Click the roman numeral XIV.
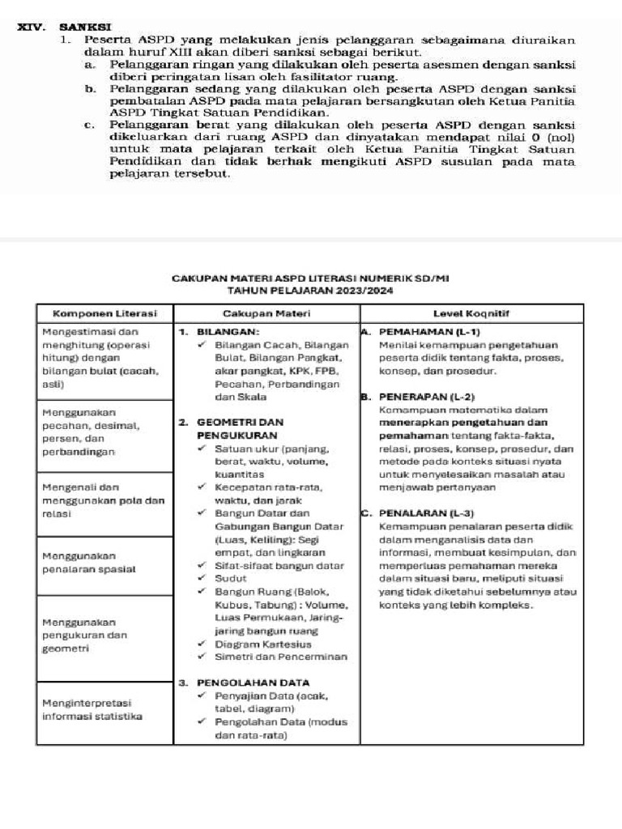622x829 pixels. pyautogui.click(x=32, y=27)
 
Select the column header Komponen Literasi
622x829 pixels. pyautogui.click(x=104, y=312)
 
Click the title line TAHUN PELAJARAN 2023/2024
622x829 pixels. pyautogui.click(x=310, y=290)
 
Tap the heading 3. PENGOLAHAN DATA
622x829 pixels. pyautogui.click(x=244, y=682)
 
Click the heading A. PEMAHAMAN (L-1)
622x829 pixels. pyautogui.click(x=420, y=332)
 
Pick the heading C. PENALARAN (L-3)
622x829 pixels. pyautogui.click(x=417, y=513)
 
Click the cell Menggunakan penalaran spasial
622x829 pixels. pyautogui.click(x=88, y=563)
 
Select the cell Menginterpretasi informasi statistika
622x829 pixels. pyautogui.click(x=92, y=709)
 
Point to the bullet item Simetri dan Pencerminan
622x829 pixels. pyautogui.click(x=280, y=657)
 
